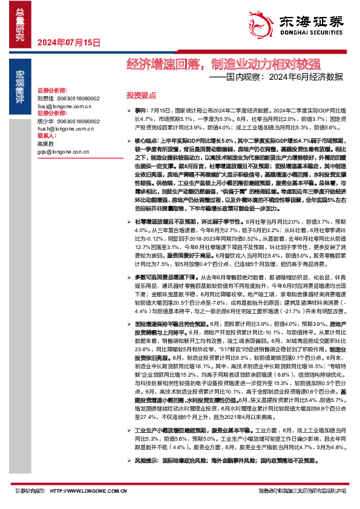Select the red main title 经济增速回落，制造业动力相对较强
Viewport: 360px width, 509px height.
(x=223, y=63)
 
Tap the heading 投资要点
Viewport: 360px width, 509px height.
(x=141, y=96)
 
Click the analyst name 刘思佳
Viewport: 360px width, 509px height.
(x=45, y=97)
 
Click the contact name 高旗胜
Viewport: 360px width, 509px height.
(x=45, y=144)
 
